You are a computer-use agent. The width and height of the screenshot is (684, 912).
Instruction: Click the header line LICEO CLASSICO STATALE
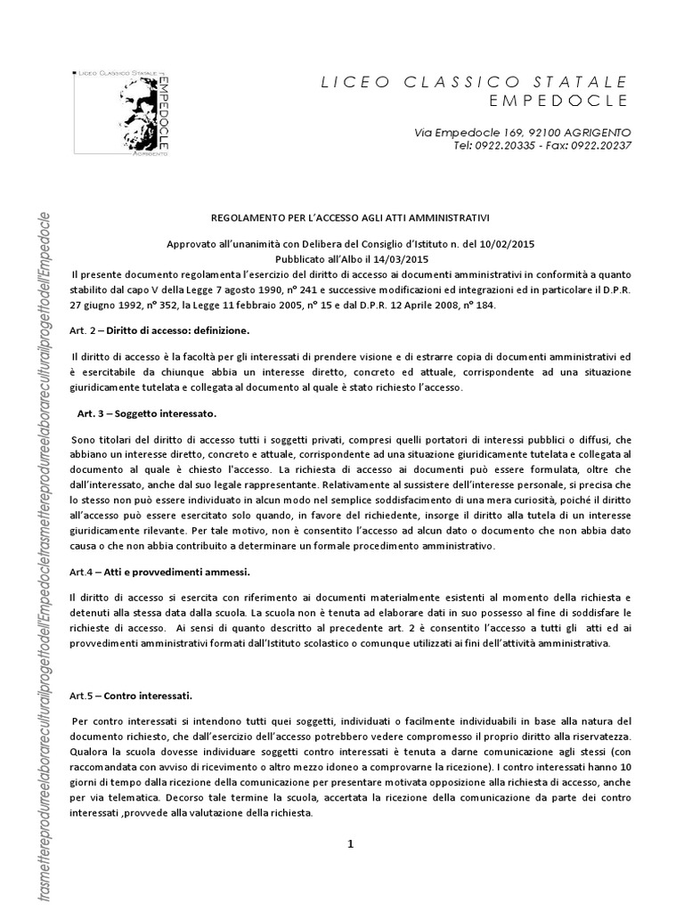[x=474, y=83]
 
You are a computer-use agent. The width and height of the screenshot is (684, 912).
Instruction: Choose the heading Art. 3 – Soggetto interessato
[x=146, y=414]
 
